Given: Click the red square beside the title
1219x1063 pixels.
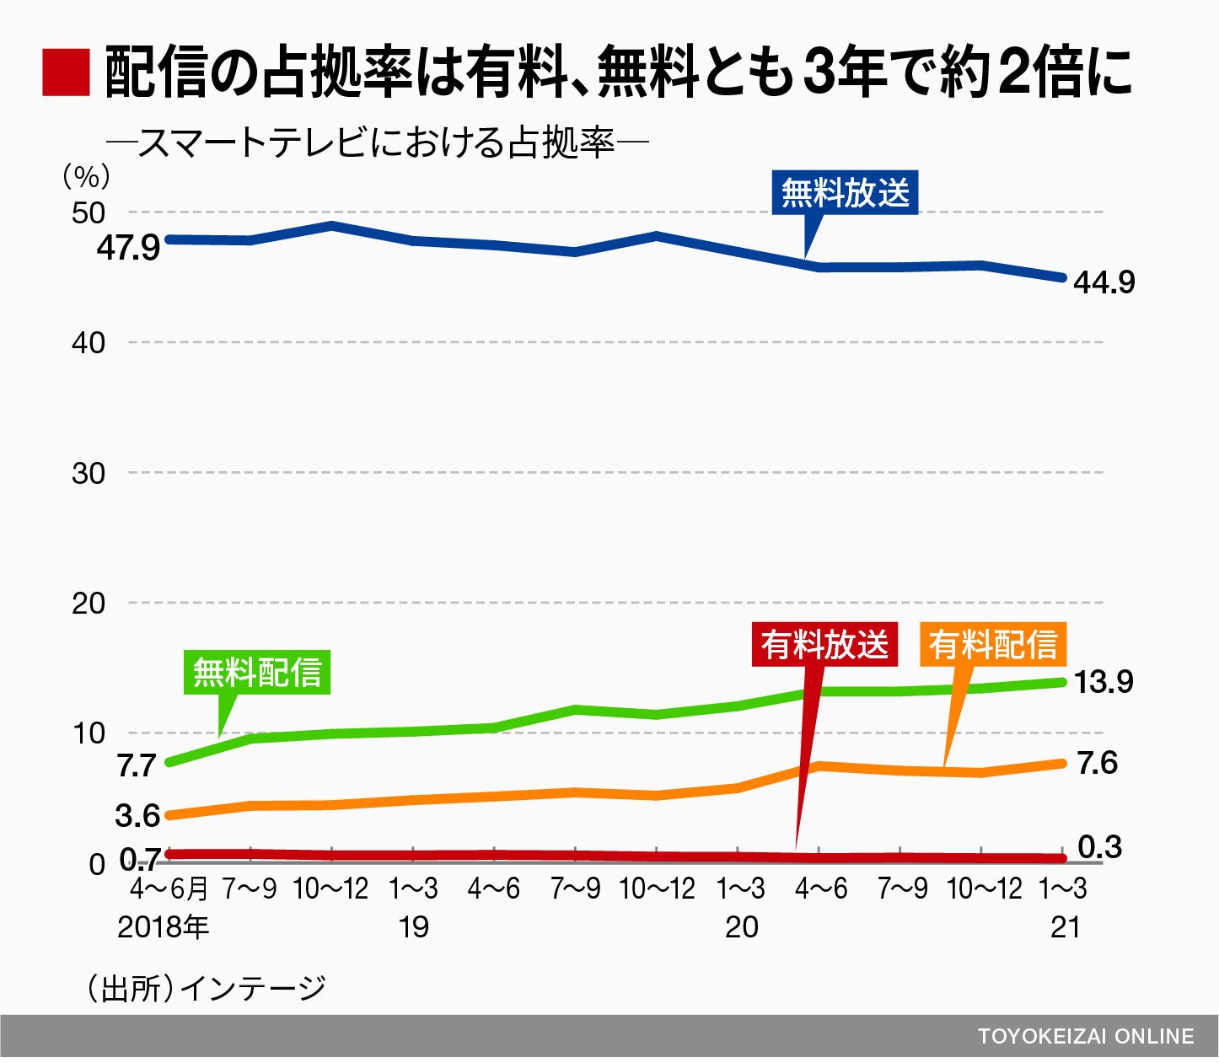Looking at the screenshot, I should pyautogui.click(x=66, y=72).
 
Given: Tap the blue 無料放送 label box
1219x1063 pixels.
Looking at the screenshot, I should pyautogui.click(x=845, y=193).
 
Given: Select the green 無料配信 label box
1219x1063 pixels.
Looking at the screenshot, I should pyautogui.click(x=257, y=672).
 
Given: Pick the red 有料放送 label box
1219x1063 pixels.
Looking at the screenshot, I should pyautogui.click(x=824, y=645).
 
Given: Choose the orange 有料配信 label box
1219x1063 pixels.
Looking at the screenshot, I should pyautogui.click(x=993, y=645).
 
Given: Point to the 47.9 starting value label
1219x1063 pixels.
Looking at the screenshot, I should pyautogui.click(x=128, y=249).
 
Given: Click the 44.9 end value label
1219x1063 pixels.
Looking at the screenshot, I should pyautogui.click(x=1104, y=282).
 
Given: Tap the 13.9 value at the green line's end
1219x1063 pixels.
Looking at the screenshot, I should pyautogui.click(x=1104, y=681).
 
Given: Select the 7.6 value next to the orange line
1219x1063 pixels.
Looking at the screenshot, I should pyautogui.click(x=1097, y=763).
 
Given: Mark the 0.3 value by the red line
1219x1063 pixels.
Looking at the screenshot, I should pyautogui.click(x=1099, y=847).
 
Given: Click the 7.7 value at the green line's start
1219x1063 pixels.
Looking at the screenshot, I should pyautogui.click(x=137, y=765).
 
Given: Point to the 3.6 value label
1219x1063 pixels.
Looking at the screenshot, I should pyautogui.click(x=137, y=815).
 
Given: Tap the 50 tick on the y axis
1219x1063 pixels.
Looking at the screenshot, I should pyautogui.click(x=89, y=212).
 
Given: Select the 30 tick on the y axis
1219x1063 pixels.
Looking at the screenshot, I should pyautogui.click(x=89, y=473).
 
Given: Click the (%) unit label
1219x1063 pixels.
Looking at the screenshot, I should pyautogui.click(x=86, y=176).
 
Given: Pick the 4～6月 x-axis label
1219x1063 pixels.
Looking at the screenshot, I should pyautogui.click(x=169, y=889).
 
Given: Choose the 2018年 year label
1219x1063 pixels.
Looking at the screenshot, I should pyautogui.click(x=163, y=927).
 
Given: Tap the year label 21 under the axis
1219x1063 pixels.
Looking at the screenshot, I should pyautogui.click(x=1066, y=927).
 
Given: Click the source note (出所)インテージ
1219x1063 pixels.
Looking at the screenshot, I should pyautogui.click(x=207, y=988).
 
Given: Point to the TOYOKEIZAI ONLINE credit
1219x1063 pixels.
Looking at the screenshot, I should pyautogui.click(x=1086, y=1036).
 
